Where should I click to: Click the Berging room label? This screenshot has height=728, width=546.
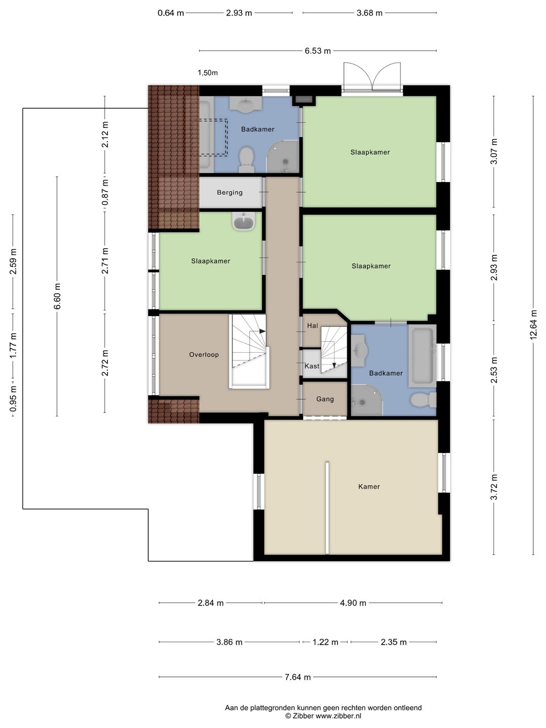[230, 193]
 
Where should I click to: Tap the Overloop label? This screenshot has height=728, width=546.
[204, 354]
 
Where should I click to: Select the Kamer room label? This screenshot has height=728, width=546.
[369, 486]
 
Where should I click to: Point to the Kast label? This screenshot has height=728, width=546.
[311, 366]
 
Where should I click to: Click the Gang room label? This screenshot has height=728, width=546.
[325, 399]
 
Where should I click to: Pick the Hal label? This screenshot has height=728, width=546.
[312, 326]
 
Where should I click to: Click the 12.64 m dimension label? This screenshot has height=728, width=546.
[533, 325]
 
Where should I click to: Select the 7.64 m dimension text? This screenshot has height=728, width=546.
[298, 677]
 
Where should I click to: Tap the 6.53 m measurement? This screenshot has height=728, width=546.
[317, 51]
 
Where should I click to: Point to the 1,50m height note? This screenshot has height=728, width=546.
[207, 73]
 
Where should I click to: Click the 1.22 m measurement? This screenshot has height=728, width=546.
[325, 642]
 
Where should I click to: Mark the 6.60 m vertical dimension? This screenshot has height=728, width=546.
[57, 296]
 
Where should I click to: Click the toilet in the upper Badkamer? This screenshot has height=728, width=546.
[246, 160]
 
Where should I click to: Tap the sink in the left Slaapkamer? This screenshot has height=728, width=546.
[244, 221]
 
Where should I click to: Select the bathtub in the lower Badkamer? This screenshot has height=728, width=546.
[422, 356]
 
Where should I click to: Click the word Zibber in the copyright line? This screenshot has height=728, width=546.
[303, 716]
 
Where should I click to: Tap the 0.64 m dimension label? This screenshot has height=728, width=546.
[170, 13]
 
